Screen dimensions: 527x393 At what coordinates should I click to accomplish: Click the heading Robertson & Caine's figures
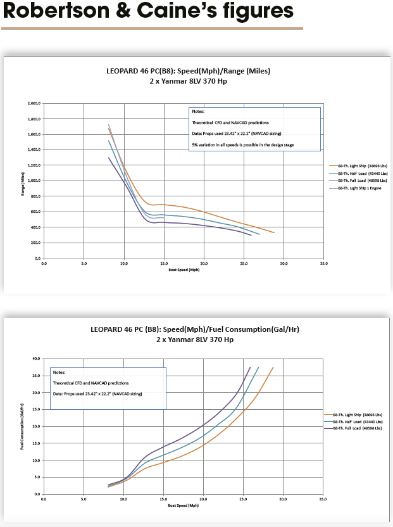click(x=147, y=11)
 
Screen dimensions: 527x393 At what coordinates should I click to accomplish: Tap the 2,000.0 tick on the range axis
click(x=34, y=103)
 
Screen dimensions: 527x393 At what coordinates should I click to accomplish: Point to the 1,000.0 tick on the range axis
click(x=34, y=181)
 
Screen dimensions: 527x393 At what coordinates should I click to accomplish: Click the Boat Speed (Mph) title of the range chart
click(x=182, y=270)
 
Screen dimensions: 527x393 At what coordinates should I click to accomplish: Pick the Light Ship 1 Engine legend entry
click(x=359, y=188)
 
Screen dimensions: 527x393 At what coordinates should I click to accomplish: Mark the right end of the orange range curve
click(x=274, y=232)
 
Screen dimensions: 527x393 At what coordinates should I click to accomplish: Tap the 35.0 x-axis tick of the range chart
click(x=323, y=263)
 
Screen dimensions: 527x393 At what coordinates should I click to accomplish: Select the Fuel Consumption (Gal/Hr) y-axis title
click(x=23, y=426)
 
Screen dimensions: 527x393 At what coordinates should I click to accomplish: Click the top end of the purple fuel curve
click(x=250, y=367)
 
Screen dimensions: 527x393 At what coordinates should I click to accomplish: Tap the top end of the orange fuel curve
click(x=273, y=367)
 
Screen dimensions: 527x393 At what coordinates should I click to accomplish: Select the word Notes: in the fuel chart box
click(x=59, y=373)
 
